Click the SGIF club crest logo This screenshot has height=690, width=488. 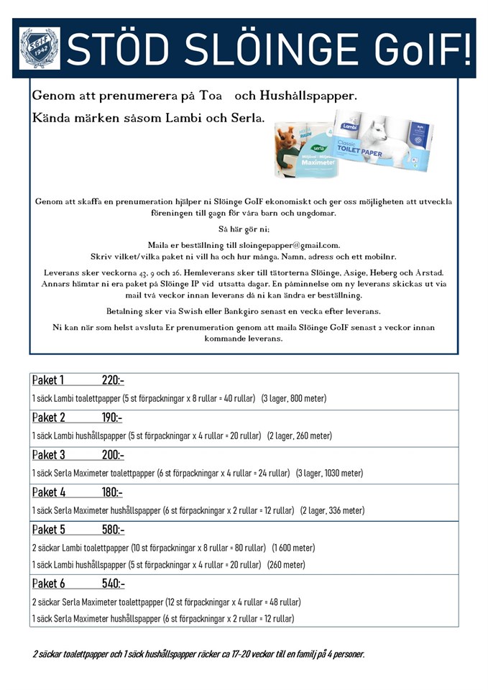(40, 48)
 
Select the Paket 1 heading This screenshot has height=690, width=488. (48, 381)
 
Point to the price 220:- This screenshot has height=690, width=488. (113, 381)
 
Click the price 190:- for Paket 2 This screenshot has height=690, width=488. (111, 418)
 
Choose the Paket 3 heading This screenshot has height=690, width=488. (48, 455)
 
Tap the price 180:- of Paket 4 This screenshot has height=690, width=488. (111, 492)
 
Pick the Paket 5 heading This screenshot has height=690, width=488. (48, 530)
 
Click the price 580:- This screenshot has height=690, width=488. (113, 530)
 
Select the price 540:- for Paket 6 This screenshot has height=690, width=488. (113, 584)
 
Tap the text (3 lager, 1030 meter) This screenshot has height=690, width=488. (329, 474)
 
